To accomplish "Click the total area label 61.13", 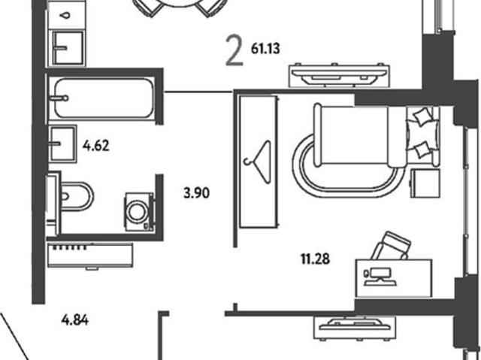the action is (265, 49).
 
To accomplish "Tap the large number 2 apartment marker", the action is (234, 50).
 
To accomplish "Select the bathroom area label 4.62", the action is (95, 146).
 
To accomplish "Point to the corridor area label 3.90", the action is (197, 193).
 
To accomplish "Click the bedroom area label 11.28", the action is (315, 259).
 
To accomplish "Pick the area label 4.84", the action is (75, 320).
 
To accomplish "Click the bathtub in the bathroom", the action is (104, 98).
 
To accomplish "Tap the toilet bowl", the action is (77, 197).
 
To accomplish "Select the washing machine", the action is (139, 212).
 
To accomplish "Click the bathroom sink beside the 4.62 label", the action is (63, 144).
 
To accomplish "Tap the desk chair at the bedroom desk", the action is (392, 246).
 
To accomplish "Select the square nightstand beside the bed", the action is (425, 183).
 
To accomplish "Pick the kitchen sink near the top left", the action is (68, 48).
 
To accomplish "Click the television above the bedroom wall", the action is (339, 75).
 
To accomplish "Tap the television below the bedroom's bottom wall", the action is (355, 328).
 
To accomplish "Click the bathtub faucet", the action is (59, 98).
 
